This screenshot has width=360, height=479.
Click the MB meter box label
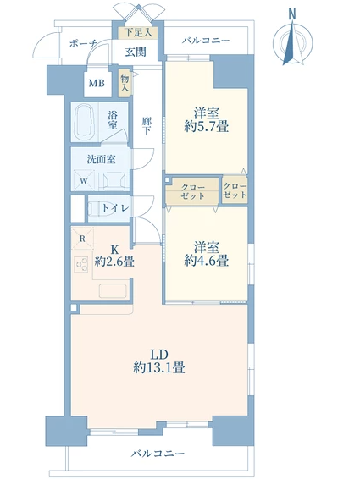(97, 83)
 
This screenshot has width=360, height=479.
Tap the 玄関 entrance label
(136, 52)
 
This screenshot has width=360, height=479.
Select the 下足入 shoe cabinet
(138, 33)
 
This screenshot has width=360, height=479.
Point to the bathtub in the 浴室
(85, 122)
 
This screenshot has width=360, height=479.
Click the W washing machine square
(84, 180)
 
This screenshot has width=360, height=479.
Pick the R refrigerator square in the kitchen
(82, 239)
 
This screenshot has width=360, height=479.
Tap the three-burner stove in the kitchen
(81, 264)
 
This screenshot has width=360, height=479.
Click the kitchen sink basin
(113, 290)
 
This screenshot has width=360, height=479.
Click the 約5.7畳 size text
(207, 126)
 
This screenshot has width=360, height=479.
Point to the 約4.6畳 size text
(207, 261)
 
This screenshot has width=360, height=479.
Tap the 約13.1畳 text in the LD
(159, 367)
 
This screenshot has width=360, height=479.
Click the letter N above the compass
(292, 14)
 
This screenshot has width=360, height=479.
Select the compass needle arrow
(292, 42)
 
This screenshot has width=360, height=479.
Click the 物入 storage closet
(125, 84)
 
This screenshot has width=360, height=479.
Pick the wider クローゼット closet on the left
(192, 192)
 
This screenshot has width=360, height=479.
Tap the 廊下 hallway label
(147, 125)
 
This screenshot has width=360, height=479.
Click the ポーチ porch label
(82, 43)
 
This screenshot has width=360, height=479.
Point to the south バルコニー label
(158, 453)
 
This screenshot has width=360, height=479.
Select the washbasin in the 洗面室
(114, 180)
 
